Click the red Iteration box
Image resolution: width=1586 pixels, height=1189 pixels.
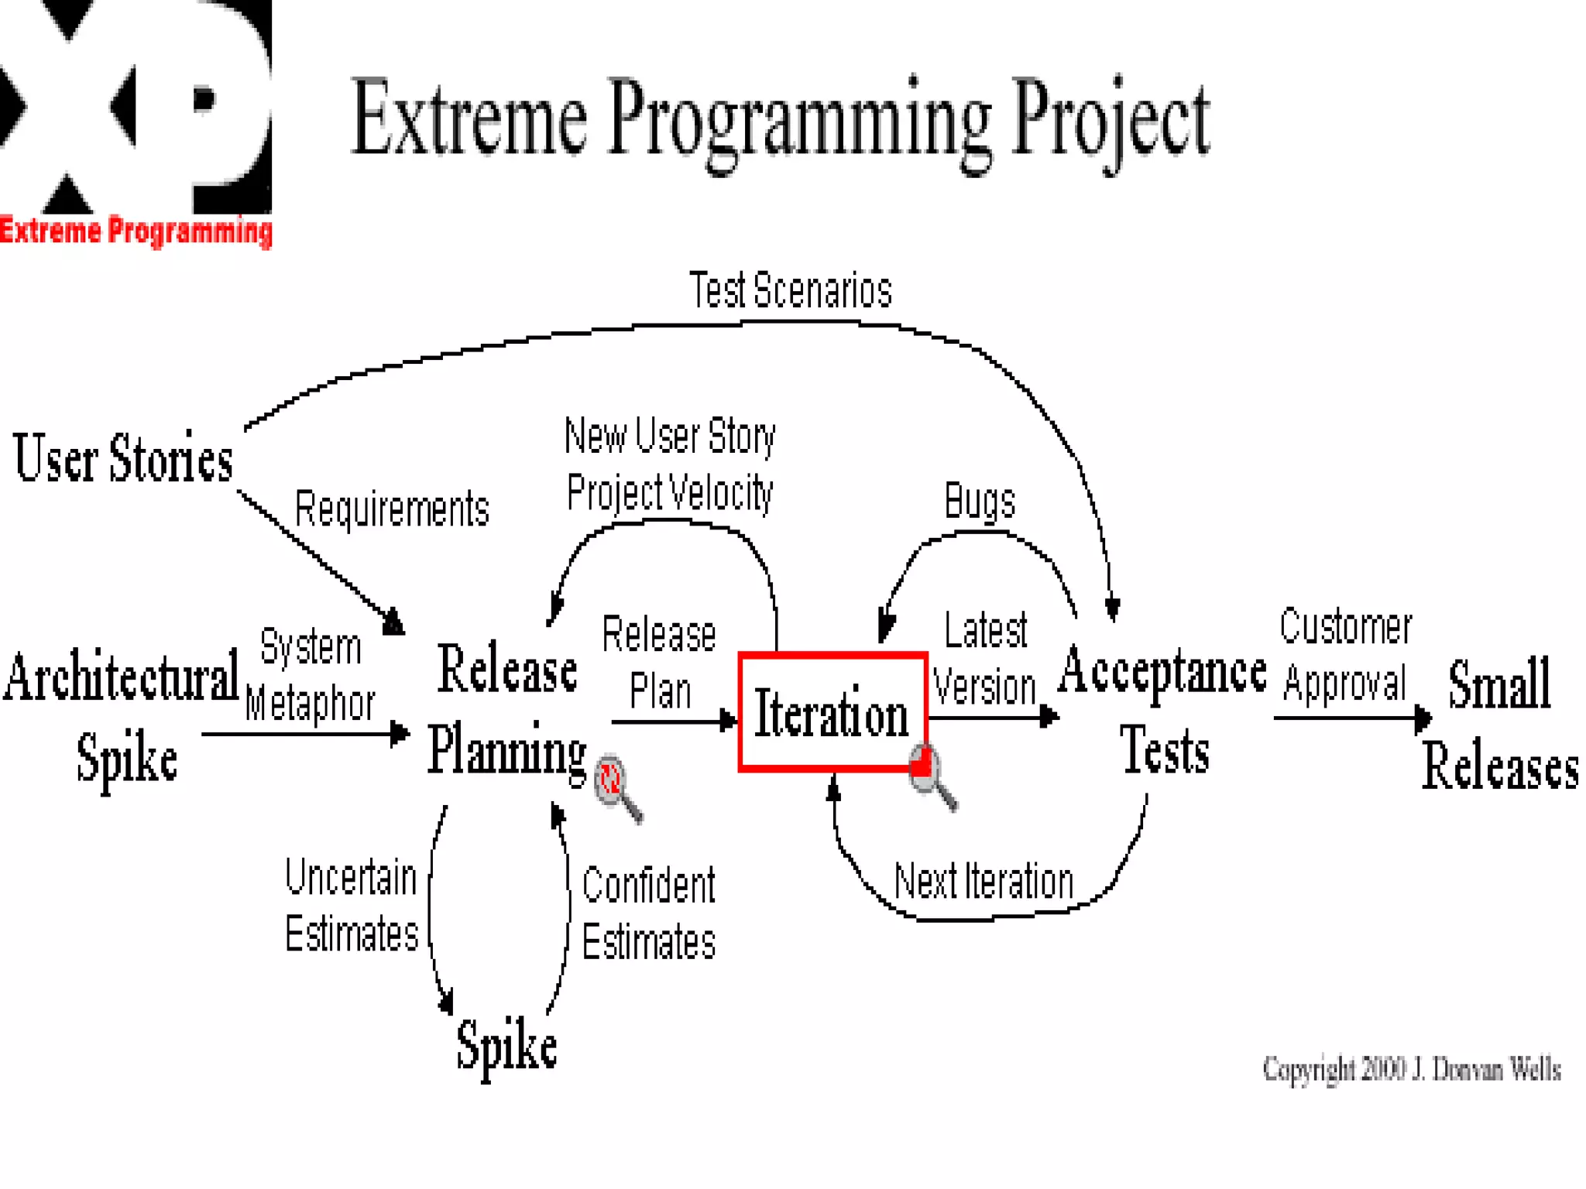tap(832, 713)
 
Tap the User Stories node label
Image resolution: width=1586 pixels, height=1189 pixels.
tap(123, 458)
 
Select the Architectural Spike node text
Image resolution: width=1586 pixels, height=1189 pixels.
tap(122, 716)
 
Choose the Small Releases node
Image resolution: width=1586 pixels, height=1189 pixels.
tap(1500, 724)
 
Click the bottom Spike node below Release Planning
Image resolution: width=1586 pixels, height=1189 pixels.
tap(506, 1046)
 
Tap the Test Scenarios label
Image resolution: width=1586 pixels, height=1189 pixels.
tap(790, 291)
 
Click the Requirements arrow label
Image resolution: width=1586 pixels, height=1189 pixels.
tap(392, 509)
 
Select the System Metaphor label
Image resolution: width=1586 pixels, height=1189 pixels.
tap(311, 675)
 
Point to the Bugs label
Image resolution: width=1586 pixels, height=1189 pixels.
tap(980, 502)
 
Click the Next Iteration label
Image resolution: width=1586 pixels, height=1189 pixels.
tap(984, 882)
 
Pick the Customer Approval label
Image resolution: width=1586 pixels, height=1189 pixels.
tap(1345, 655)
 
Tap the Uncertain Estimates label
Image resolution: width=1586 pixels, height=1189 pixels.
tap(352, 905)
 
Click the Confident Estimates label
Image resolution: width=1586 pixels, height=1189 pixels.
tap(648, 913)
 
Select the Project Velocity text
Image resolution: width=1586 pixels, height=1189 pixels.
tap(670, 493)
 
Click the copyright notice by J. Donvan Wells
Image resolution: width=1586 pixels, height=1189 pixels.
tap(1411, 1069)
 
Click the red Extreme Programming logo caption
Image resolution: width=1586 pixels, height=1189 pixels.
tap(136, 231)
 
